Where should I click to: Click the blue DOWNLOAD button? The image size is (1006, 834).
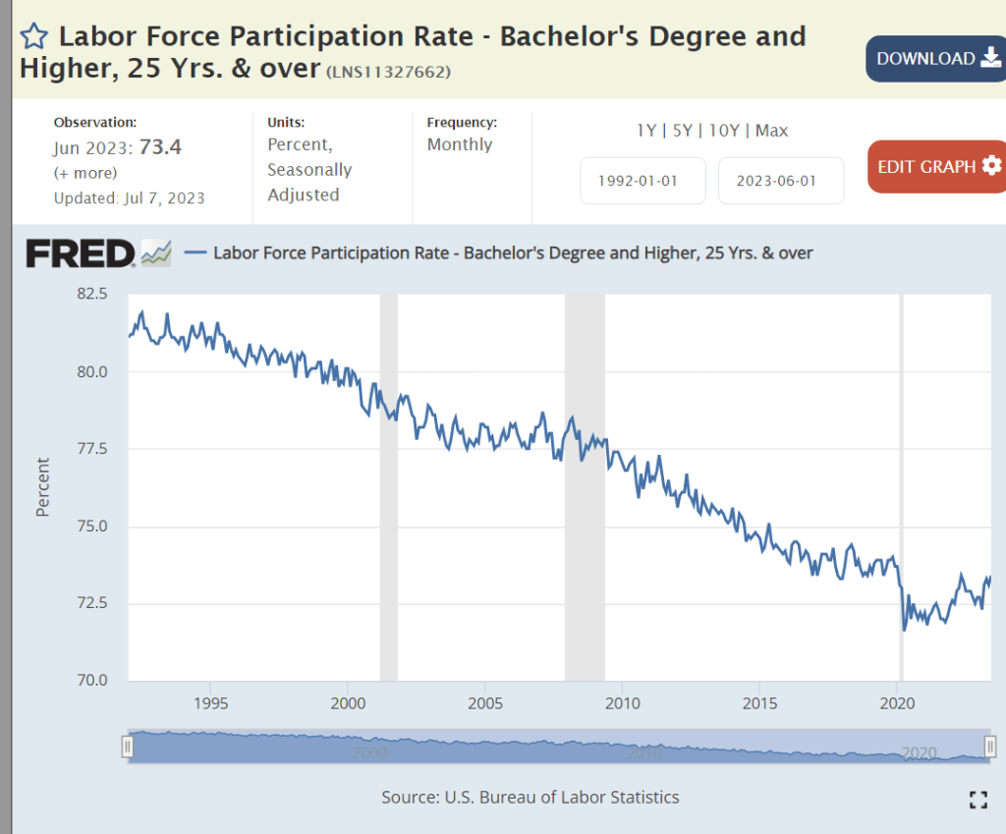(x=933, y=59)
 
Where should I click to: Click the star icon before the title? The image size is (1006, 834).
(x=34, y=37)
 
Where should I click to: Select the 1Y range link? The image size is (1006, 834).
(x=646, y=131)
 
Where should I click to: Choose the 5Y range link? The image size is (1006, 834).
(x=683, y=131)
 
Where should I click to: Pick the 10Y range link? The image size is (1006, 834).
(x=725, y=131)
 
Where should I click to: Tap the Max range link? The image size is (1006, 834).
(x=772, y=131)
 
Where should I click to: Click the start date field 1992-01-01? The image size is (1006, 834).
(x=643, y=181)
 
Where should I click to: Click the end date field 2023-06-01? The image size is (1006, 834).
(x=781, y=181)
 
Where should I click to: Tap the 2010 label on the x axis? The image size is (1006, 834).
(x=623, y=703)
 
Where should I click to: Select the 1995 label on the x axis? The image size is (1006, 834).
(x=211, y=703)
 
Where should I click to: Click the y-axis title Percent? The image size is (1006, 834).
(x=43, y=487)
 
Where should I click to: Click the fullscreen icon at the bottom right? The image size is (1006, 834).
(x=978, y=800)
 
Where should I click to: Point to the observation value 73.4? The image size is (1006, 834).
(x=160, y=147)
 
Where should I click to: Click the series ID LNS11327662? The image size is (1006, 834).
(x=389, y=72)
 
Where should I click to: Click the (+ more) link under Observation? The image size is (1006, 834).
(x=84, y=173)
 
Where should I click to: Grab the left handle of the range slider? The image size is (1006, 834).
(x=127, y=748)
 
